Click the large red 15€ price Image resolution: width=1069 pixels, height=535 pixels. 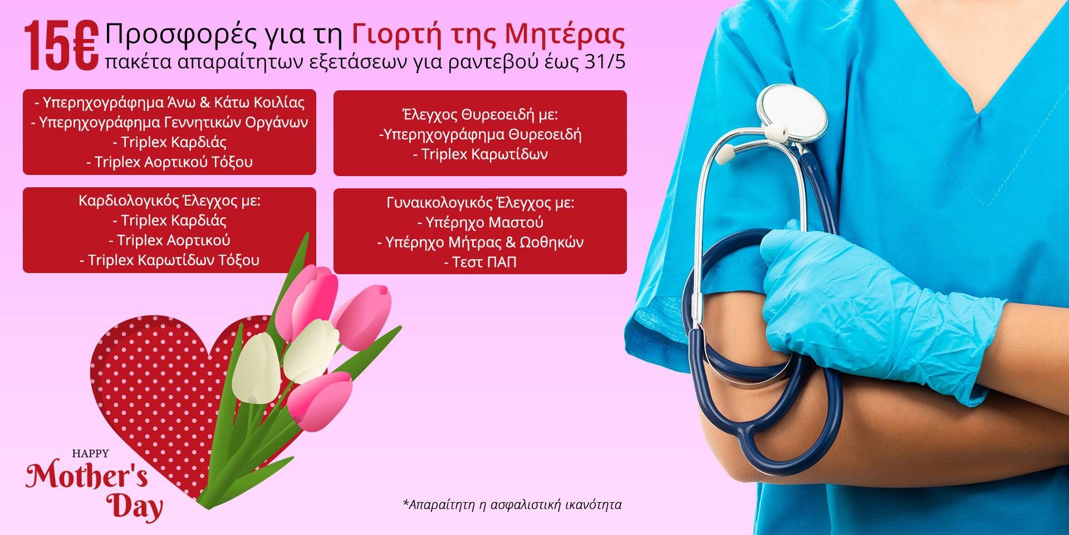[x=61, y=46]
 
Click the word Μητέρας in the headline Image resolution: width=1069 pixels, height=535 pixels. [x=565, y=35]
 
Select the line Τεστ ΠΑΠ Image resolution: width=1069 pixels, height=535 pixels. [x=480, y=262]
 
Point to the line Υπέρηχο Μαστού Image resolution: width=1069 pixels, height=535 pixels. [x=480, y=222]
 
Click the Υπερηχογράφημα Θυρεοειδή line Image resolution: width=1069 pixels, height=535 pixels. [x=480, y=134]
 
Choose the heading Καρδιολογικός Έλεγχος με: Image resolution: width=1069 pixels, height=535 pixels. [x=169, y=201]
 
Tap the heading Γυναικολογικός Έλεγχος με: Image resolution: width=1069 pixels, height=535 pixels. [x=480, y=203]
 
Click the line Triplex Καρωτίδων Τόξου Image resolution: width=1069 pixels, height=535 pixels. [x=169, y=260]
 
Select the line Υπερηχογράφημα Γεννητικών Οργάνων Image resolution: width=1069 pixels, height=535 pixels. [x=169, y=123]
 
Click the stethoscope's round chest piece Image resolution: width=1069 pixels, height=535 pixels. [x=792, y=115]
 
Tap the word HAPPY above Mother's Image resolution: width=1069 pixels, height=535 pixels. [x=90, y=454]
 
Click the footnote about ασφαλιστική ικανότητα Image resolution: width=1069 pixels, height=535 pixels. [x=512, y=505]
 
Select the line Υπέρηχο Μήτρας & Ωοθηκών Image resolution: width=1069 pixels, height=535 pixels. [x=480, y=242]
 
